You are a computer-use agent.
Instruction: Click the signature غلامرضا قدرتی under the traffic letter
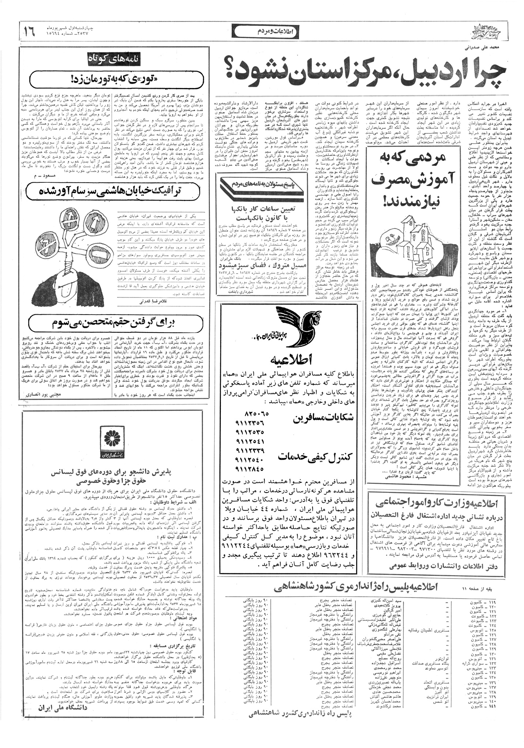pyautogui.click(x=148, y=302)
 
